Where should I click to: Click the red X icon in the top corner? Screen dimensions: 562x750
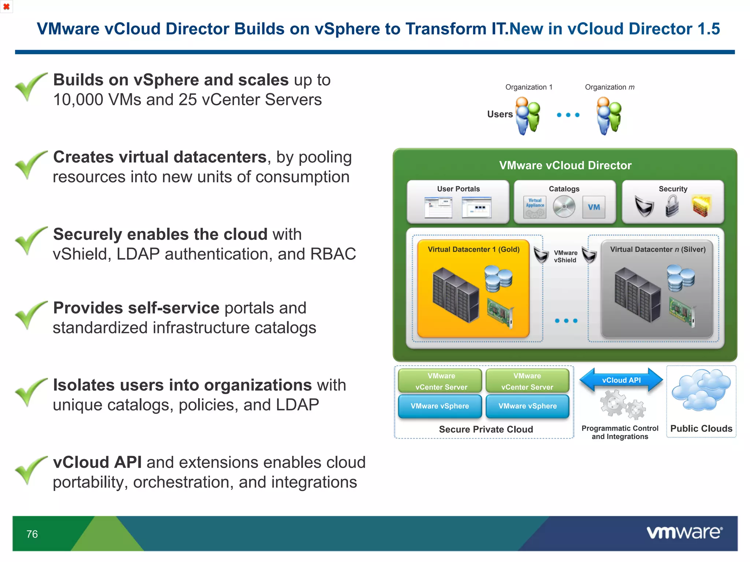pos(6,7)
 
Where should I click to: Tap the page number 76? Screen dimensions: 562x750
pos(32,534)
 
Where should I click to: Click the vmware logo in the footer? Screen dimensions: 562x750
pos(684,532)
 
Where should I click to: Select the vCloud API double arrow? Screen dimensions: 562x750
pos(621,380)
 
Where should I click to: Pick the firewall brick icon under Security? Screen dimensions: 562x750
pos(701,206)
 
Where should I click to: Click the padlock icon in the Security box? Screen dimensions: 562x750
pos(672,206)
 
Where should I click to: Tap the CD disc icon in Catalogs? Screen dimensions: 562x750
pos(564,207)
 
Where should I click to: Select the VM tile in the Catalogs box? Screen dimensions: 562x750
pos(594,207)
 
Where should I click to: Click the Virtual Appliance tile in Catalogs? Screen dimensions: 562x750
pos(535,207)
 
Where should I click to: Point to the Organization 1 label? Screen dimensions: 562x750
pos(528,87)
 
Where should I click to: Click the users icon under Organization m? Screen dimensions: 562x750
pos(609,115)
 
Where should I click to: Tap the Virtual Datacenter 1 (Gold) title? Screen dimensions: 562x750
pos(474,250)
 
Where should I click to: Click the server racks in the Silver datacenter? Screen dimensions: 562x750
pos(638,295)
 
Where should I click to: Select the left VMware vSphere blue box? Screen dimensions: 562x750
pos(440,406)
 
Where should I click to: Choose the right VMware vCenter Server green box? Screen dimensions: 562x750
pos(527,381)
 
